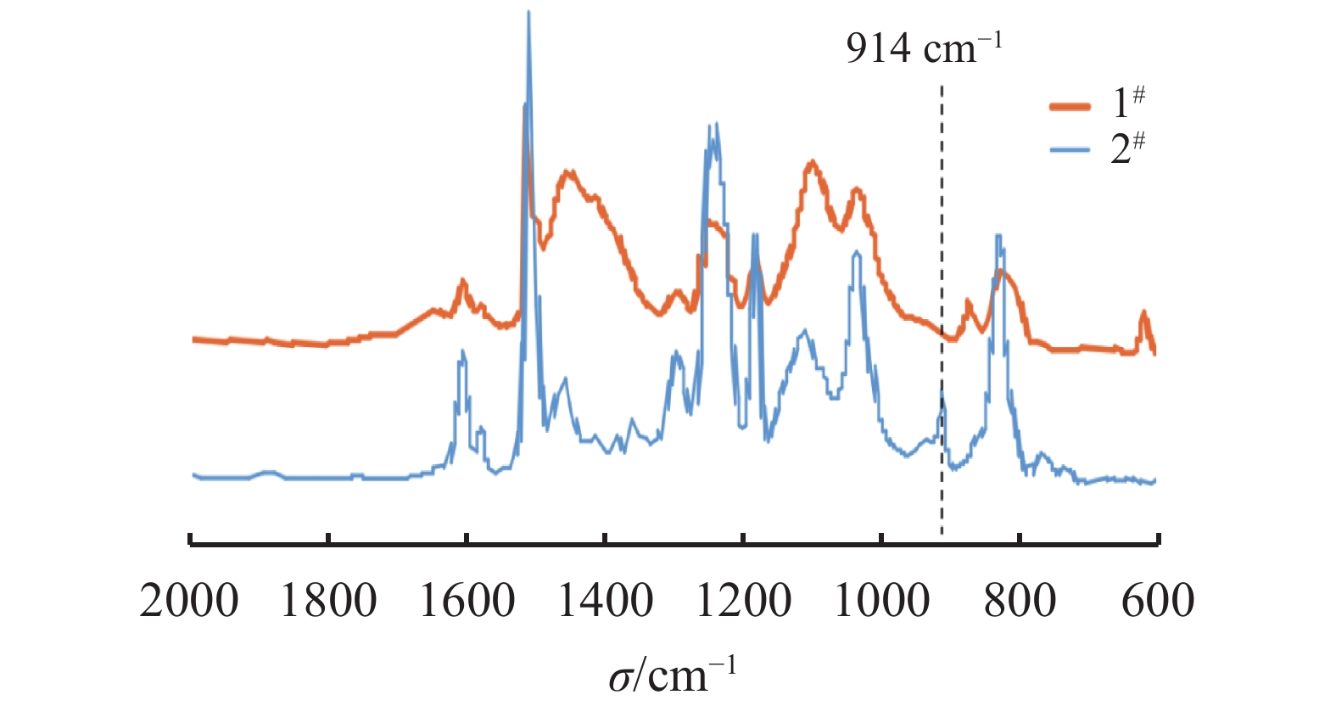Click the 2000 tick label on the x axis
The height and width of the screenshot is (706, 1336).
pyautogui.click(x=189, y=601)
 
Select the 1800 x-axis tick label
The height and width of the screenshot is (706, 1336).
pyautogui.click(x=328, y=601)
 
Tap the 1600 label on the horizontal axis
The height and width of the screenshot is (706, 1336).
pyautogui.click(x=467, y=601)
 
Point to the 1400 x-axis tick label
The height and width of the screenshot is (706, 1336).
pyautogui.click(x=606, y=601)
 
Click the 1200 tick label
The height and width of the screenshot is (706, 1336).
pyautogui.click(x=744, y=601)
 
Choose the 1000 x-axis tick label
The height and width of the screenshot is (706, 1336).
pyautogui.click(x=882, y=601)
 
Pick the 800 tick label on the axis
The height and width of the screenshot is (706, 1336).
pyautogui.click(x=1020, y=601)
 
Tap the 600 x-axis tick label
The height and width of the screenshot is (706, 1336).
pyautogui.click(x=1158, y=601)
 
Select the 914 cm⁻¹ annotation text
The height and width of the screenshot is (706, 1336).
pyautogui.click(x=924, y=48)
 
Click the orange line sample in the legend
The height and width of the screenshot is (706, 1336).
pyautogui.click(x=1070, y=106)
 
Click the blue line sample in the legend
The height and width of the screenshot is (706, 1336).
pyautogui.click(x=1070, y=151)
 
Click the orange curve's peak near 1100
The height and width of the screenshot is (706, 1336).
pyautogui.click(x=813, y=161)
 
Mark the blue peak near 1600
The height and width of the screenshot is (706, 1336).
pyautogui.click(x=462, y=351)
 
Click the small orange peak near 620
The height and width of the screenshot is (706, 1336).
pyautogui.click(x=1143, y=313)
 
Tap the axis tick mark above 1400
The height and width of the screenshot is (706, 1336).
pyautogui.click(x=605, y=540)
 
